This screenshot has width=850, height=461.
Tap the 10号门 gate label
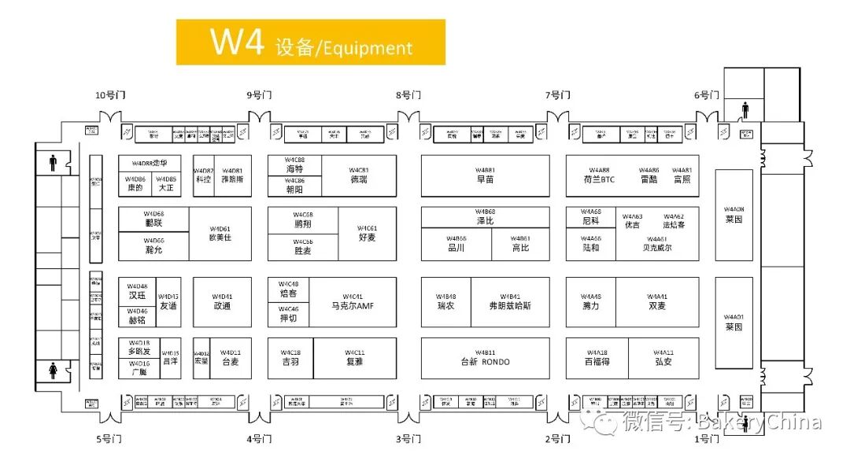pyautogui.click(x=110, y=95)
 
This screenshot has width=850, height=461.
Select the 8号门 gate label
pyautogui.click(x=409, y=95)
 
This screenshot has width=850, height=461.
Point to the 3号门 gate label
pyautogui.click(x=409, y=438)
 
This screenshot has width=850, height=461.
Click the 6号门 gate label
pyautogui.click(x=706, y=95)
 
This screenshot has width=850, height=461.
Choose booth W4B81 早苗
pyautogui.click(x=485, y=175)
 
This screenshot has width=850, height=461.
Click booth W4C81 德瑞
pyautogui.click(x=359, y=175)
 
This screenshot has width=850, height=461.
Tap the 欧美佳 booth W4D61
pyautogui.click(x=220, y=234)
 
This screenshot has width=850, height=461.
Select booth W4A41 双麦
pyautogui.click(x=657, y=302)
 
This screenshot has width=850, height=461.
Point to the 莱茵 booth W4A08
pyautogui.click(x=734, y=215)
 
